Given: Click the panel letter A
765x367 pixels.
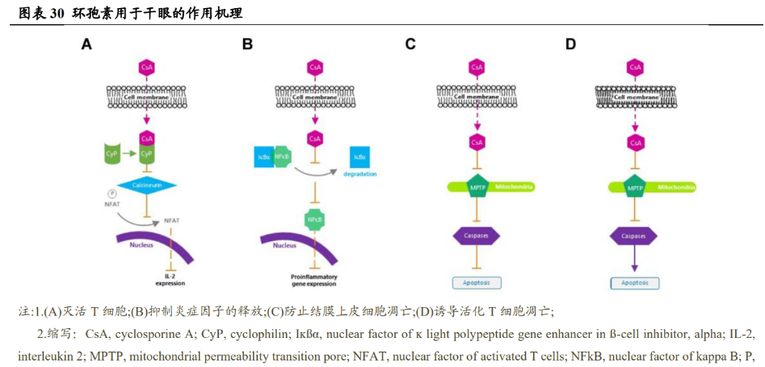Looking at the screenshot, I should click(x=86, y=44).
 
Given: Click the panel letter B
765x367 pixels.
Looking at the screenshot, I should click(x=247, y=44).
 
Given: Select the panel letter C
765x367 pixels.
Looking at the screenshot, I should click(x=410, y=44).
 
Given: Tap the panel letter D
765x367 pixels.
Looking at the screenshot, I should click(x=570, y=44).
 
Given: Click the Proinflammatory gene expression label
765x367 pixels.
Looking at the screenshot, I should click(x=313, y=280).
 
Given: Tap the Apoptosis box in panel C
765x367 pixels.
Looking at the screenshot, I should click(x=476, y=283).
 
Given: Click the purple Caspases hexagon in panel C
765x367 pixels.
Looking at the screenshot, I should click(x=476, y=235).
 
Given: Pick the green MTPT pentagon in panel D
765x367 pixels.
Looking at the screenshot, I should click(x=635, y=188).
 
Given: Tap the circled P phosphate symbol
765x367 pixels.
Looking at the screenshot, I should click(x=113, y=193).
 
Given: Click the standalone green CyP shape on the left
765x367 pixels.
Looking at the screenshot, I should click(x=112, y=152).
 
